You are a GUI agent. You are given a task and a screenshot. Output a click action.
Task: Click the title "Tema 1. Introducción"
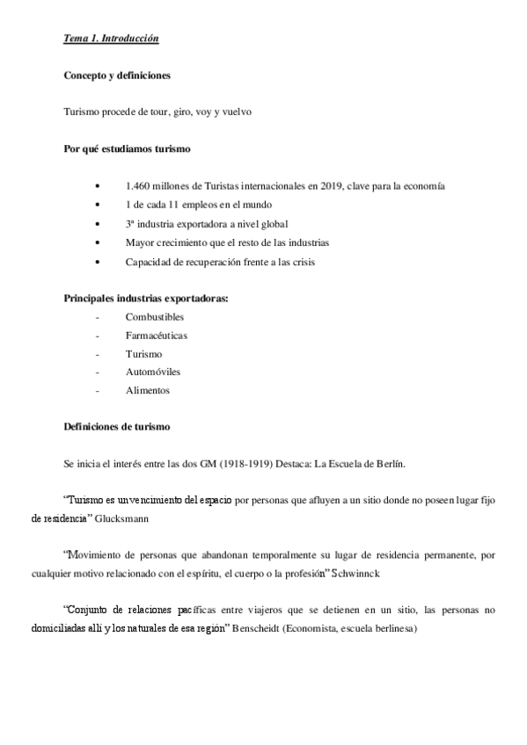tap(111, 40)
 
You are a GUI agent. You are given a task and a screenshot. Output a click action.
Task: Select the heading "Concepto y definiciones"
tap(116, 76)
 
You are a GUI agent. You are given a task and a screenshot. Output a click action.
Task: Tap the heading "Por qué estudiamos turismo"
tap(128, 149)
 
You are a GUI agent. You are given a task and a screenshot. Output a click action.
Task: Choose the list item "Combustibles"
tap(155, 316)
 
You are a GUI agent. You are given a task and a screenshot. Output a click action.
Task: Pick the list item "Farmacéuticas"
tap(156, 335)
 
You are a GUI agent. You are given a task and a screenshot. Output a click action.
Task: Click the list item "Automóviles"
tap(153, 372)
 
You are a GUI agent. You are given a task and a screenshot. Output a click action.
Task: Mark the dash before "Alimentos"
tap(97, 391)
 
